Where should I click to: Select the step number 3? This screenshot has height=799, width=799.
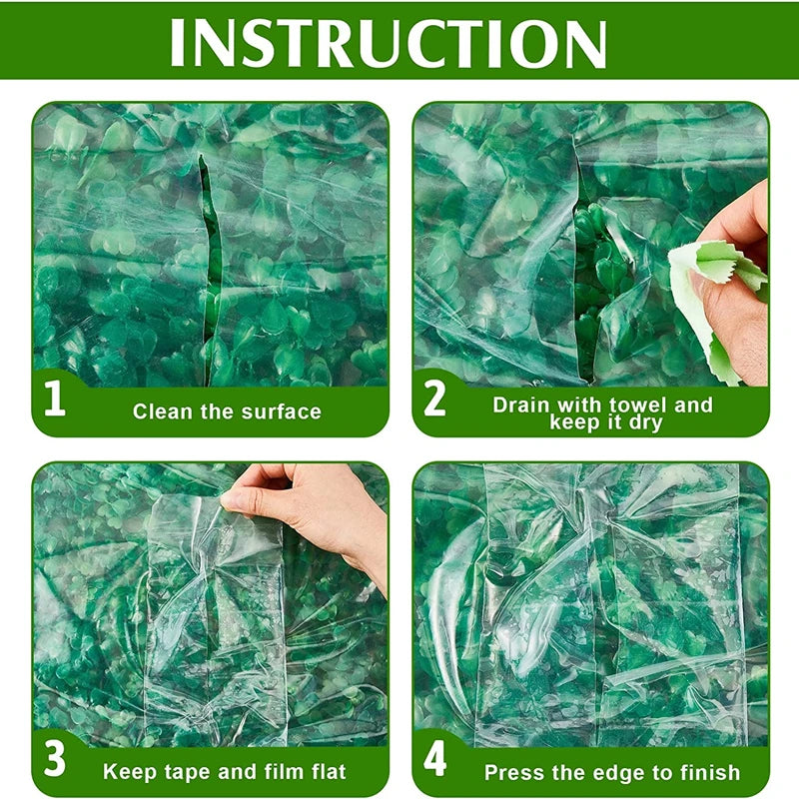[55, 760]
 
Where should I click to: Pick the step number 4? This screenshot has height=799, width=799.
[434, 760]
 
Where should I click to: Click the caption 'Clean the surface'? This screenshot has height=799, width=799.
[227, 410]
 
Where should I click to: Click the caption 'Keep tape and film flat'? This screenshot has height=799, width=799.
[225, 771]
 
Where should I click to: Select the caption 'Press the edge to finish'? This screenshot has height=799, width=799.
[612, 772]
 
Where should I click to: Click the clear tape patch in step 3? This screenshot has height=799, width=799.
[215, 619]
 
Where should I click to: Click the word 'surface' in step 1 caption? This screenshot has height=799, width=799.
[282, 410]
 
